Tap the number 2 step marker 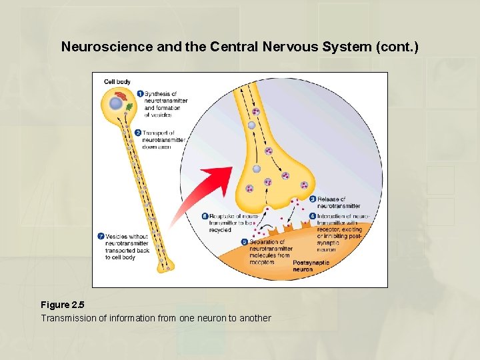click(137, 133)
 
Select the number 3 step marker click(313, 199)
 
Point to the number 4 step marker click(313, 217)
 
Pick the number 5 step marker click(245, 242)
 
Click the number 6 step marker click(205, 217)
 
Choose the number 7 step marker click(101, 236)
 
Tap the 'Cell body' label click(117, 82)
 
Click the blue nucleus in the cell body click(116, 103)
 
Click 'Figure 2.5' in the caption click(66, 305)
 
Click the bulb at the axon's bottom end click(164, 265)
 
